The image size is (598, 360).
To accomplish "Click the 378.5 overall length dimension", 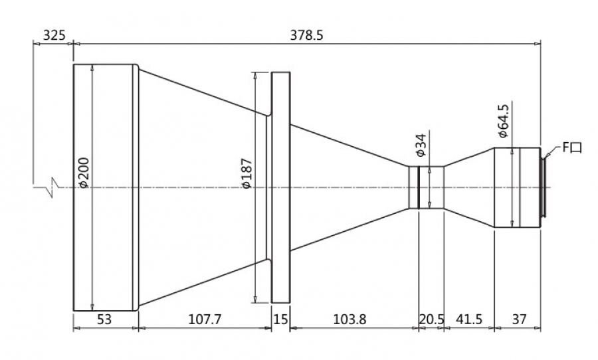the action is [306, 35].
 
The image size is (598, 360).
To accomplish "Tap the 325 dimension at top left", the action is [54, 35].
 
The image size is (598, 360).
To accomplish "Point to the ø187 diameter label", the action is [247, 173].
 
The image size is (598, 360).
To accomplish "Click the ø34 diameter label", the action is [421, 145].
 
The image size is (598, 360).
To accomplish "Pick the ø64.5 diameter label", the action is [504, 120].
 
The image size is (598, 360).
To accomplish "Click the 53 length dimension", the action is [104, 319].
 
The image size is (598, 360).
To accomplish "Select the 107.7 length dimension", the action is [205, 319].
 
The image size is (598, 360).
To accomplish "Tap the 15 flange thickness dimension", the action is [280, 319].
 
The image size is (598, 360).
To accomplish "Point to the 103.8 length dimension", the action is [349, 319].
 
